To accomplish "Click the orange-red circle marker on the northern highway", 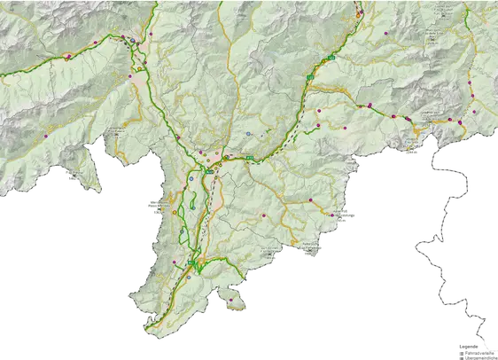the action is click(359, 15).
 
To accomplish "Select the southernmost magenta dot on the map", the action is click(231, 300).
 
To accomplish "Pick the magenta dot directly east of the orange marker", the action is click(386, 33).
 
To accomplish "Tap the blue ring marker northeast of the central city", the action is click(249, 134).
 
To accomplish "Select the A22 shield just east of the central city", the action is click(251, 160).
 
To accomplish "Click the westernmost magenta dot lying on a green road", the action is click(66, 56).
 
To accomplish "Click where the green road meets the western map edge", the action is click(3, 76).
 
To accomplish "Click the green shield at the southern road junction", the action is click(191, 263).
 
